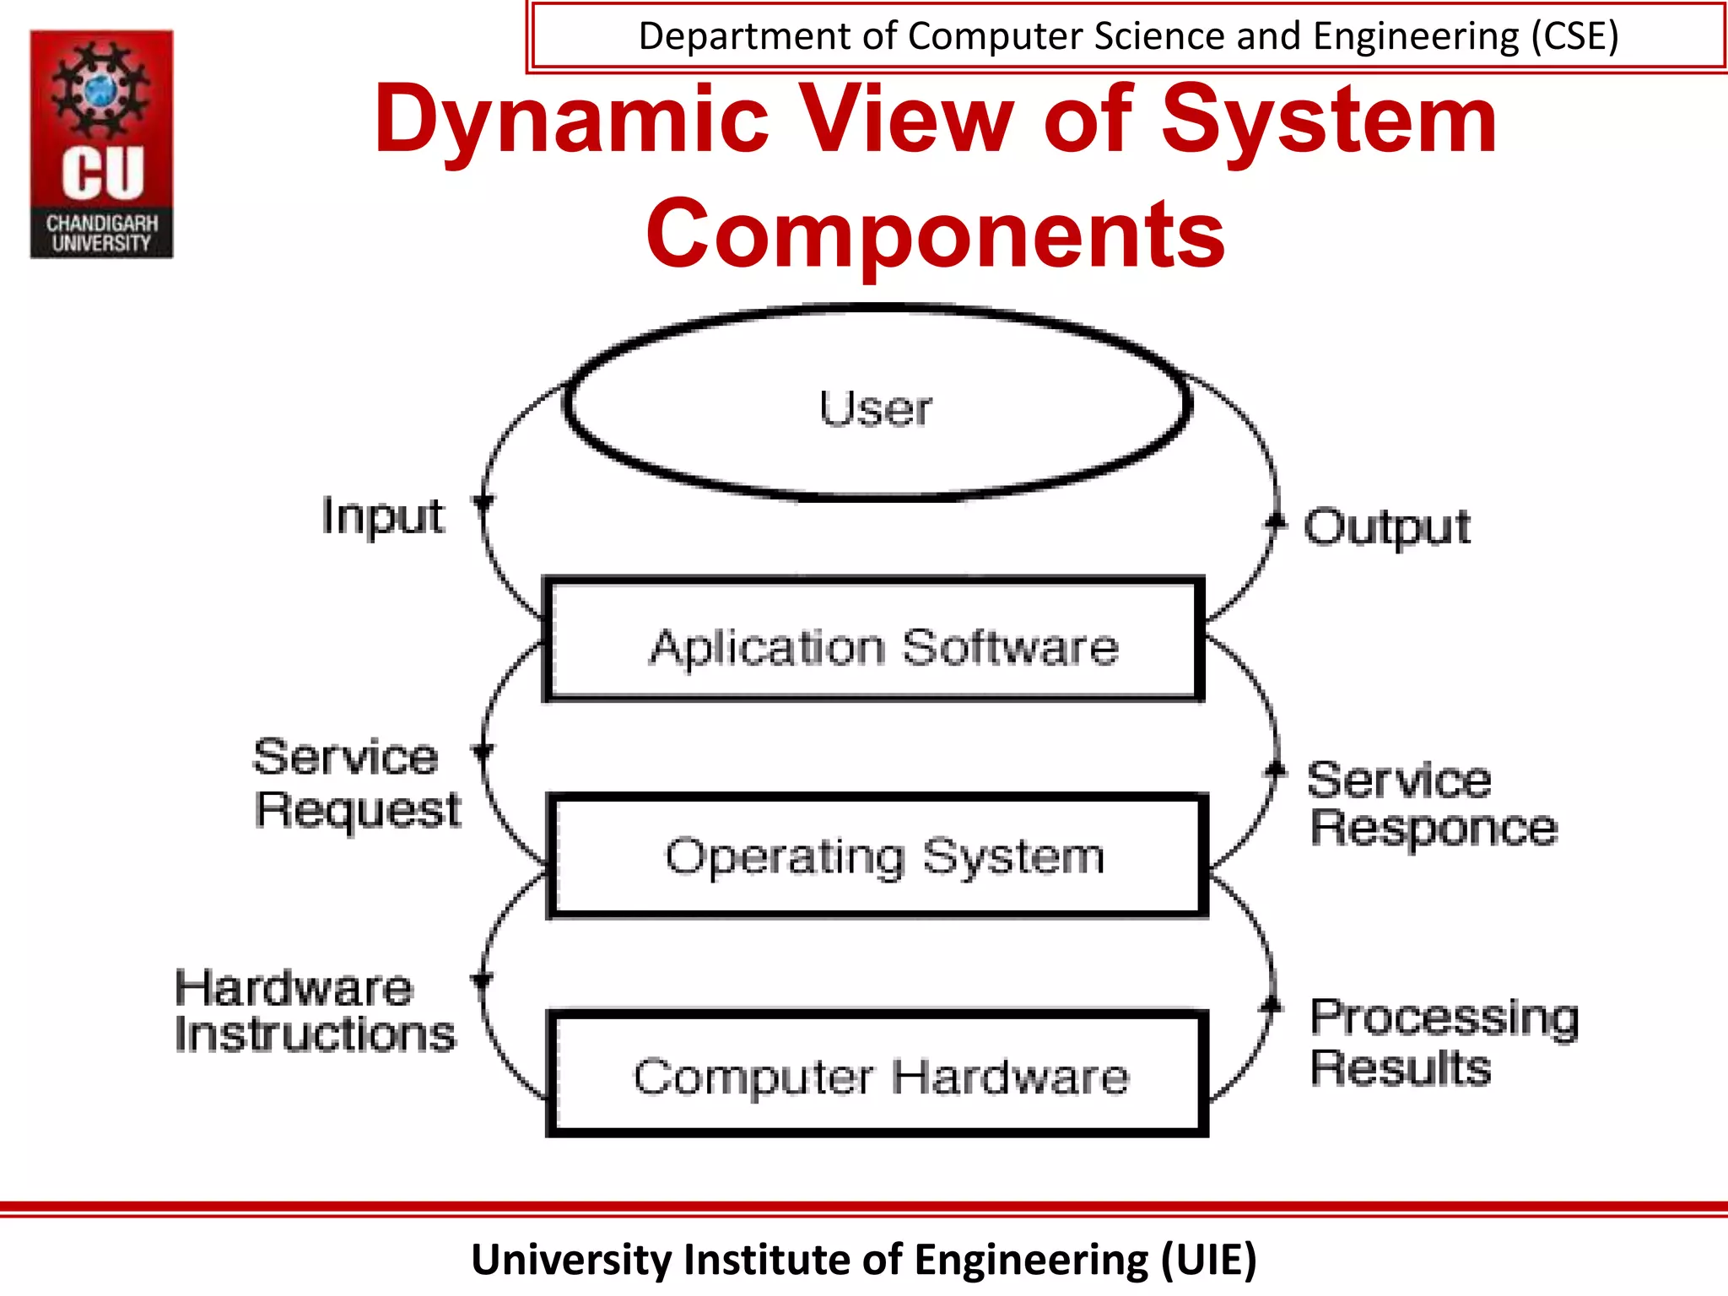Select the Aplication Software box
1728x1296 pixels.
875,640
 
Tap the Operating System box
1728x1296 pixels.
877,856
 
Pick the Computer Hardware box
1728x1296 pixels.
877,1074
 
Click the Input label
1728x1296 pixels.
382,516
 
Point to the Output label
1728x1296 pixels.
1387,527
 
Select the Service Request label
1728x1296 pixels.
357,782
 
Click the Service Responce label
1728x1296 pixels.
1432,803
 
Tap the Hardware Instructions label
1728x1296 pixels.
314,1011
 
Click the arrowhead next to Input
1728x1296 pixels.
483,503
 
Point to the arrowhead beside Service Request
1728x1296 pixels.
483,750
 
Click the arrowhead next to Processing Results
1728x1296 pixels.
1271,1004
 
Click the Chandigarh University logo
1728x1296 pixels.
102,144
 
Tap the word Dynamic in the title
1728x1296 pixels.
571,120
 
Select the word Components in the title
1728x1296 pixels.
935,234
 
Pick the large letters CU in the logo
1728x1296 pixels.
102,174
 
